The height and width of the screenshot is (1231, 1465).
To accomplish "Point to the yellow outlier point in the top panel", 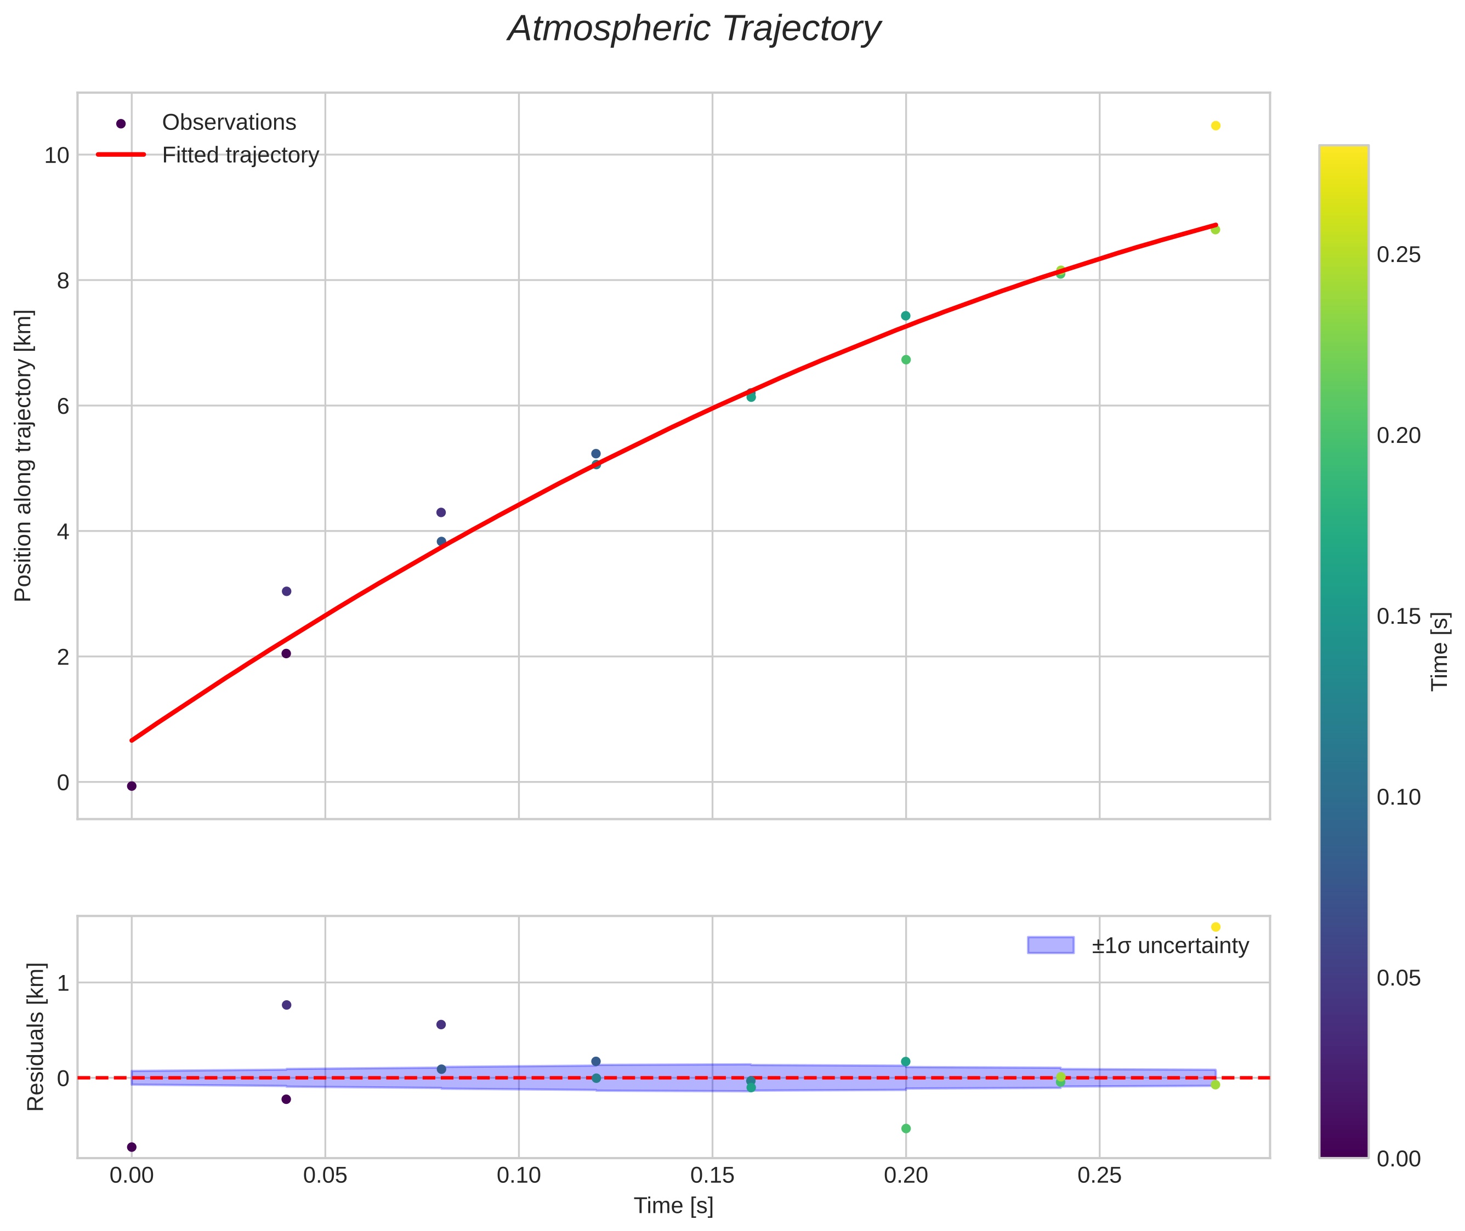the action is pos(1215,126).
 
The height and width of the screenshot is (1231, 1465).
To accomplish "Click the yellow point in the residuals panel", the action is pos(1215,927).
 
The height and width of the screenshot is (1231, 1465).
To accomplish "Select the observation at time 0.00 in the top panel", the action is pos(131,786).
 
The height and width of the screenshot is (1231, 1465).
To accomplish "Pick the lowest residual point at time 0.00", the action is pos(131,1147).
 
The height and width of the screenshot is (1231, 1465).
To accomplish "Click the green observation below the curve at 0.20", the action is pos(905,360).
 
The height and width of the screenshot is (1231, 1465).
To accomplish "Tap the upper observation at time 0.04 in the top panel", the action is pos(286,591).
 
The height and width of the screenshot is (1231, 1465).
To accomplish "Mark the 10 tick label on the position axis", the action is pos(56,155).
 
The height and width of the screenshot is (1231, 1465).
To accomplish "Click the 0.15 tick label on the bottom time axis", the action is pos(712,1176).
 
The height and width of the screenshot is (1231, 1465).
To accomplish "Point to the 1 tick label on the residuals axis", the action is pos(63,983).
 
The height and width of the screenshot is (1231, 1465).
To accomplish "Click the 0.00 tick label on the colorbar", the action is pos(1399,1159).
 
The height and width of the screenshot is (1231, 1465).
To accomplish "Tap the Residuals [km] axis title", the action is pos(36,1037).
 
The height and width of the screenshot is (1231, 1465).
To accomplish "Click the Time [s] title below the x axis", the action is pos(673,1206).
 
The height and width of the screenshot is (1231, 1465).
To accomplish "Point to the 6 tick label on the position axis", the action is pos(63,406).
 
